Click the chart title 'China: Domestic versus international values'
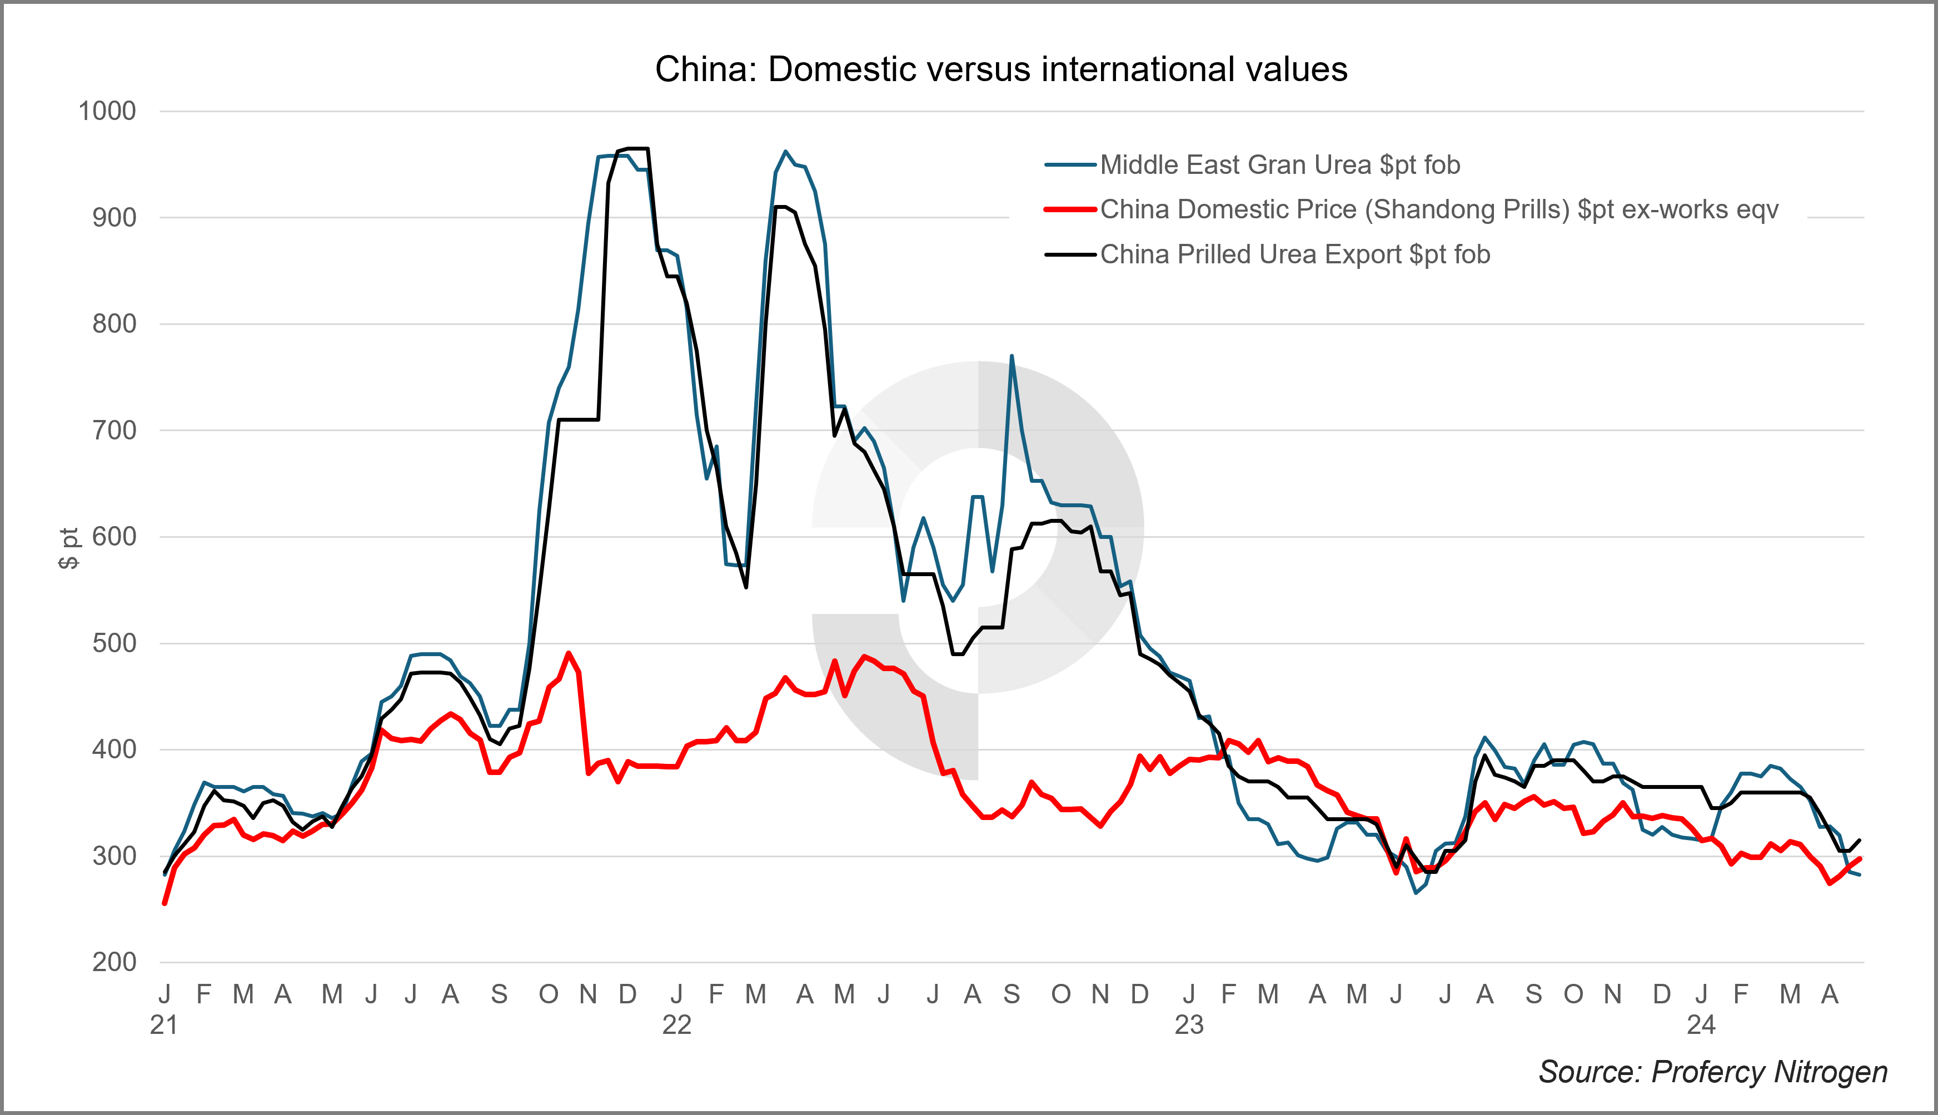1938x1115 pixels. point(1000,69)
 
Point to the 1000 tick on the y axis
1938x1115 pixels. point(107,111)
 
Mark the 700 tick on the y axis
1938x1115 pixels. point(114,431)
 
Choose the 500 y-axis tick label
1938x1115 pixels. point(114,643)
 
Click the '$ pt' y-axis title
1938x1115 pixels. point(69,548)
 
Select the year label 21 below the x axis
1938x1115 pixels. point(164,1024)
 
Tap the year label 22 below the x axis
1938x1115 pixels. point(676,1024)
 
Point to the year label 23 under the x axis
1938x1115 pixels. point(1189,1024)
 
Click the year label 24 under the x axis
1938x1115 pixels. point(1701,1024)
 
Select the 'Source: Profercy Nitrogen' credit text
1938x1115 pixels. point(1713,1071)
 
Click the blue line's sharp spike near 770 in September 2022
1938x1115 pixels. point(1012,356)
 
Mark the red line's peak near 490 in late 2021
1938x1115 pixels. point(569,653)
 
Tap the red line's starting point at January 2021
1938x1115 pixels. point(165,904)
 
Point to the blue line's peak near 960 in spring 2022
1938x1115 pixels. point(785,152)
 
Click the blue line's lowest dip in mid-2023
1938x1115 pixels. point(1416,893)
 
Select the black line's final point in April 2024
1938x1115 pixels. point(1860,840)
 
